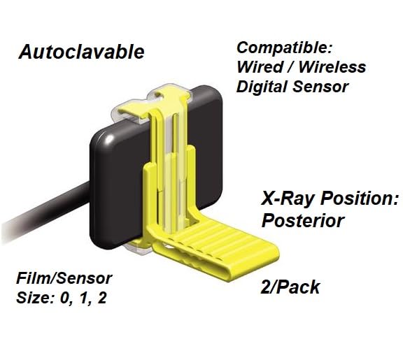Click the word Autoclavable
click(81, 52)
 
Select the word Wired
click(257, 69)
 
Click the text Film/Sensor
click(64, 279)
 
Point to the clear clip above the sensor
click(168, 98)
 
